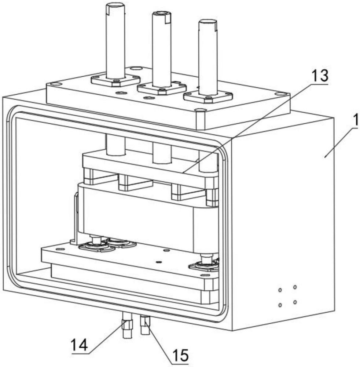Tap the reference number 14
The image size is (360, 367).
coord(80,345)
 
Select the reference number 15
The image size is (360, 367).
coord(180,355)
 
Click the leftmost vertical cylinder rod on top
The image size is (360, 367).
coord(115,41)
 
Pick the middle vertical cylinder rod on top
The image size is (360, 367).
coord(162,50)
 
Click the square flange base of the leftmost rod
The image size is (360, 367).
coord(115,80)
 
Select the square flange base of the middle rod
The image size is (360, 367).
coord(162,88)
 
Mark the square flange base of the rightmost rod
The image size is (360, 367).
coord(208,96)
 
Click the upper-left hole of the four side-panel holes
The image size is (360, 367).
coord(280,290)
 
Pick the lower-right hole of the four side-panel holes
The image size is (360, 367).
coord(295,302)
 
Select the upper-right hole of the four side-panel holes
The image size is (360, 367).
coord(295,287)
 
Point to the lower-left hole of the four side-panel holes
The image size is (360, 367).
coord(280,305)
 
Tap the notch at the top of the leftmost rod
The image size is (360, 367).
coord(108,10)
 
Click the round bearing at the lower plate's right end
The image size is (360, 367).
coord(204,266)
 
